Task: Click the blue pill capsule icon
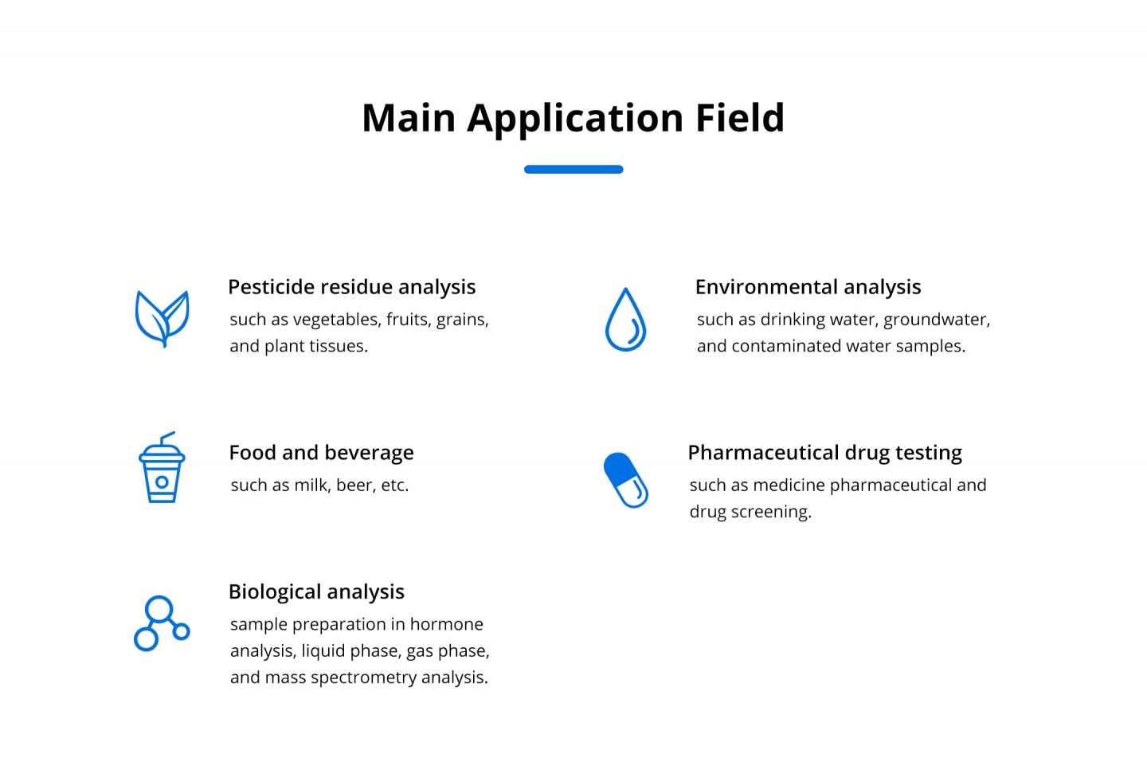(626, 480)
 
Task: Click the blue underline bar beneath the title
(573, 170)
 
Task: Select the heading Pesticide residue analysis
(352, 288)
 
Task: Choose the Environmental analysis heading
(808, 288)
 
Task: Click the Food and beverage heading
(321, 453)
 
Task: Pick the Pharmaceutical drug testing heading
(825, 454)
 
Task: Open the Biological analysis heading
(316, 592)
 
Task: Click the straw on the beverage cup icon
(167, 438)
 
